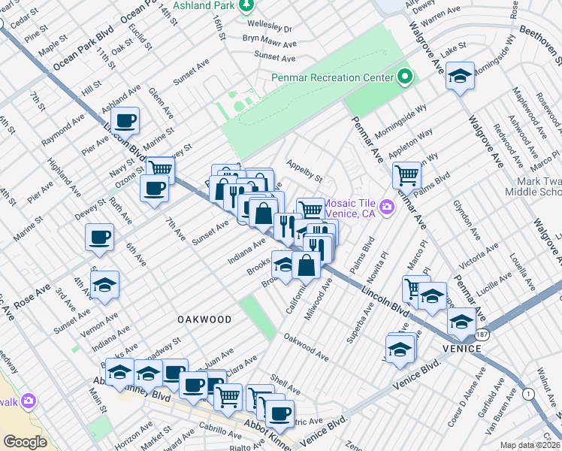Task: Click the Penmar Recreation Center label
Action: coord(332,78)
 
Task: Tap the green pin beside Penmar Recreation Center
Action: coord(405,77)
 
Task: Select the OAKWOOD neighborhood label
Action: coord(204,319)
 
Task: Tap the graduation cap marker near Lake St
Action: coord(460,76)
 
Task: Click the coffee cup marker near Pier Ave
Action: coord(125,120)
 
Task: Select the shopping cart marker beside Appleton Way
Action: coord(406,175)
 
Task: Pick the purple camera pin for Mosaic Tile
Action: coord(387,206)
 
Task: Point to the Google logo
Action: coord(25,441)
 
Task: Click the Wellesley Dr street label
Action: coord(266,29)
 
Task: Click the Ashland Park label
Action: coord(204,5)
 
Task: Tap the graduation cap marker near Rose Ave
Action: coord(104,286)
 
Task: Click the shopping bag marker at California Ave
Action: coord(307,265)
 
